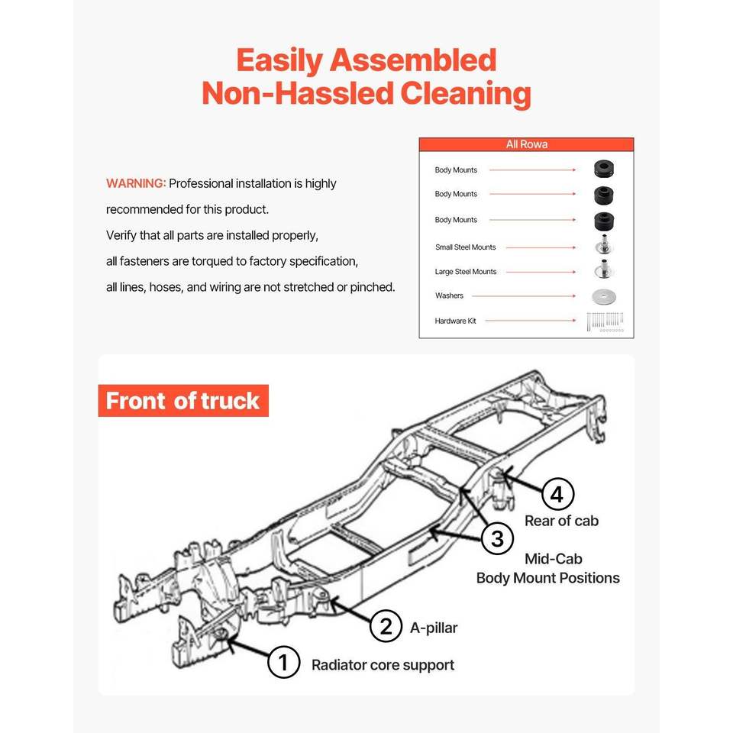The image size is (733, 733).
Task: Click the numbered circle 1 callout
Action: pos(283,662)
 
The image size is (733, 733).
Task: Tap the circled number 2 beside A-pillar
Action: pos(386,627)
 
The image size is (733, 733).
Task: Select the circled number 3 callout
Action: pos(497,539)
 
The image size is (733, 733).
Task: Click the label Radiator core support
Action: pos(383,665)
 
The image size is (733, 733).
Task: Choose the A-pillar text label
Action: pos(434,628)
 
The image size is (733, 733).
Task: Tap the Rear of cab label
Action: pos(561,521)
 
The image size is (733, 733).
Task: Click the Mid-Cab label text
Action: pos(554,559)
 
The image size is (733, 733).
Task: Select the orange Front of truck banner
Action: pos(183,401)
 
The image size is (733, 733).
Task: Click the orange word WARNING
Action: pos(136,183)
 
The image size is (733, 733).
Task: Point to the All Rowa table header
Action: pos(526,144)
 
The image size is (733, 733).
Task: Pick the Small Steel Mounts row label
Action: pos(465,247)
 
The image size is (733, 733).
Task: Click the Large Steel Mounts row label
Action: pos(466,272)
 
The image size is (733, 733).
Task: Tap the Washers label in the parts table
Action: pos(449,295)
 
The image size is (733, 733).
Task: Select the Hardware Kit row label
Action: pos(455,321)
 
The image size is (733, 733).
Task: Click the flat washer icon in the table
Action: pos(604,296)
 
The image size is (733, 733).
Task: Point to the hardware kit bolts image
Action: pos(605,321)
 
